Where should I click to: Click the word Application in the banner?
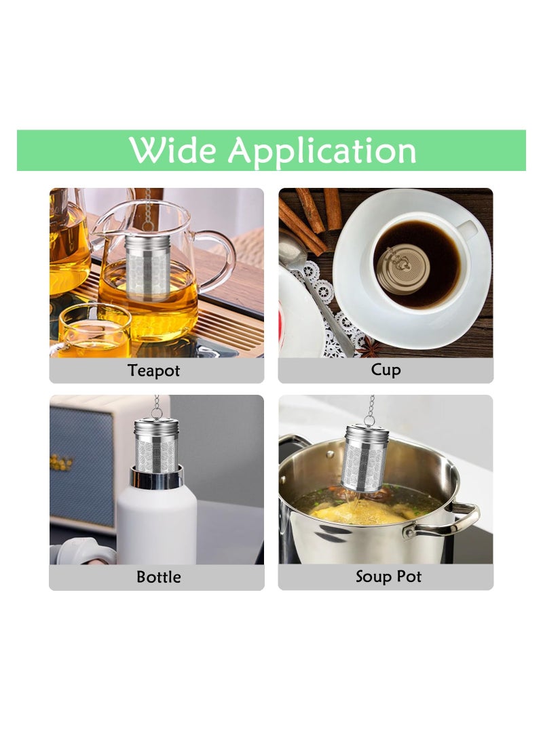(x=322, y=151)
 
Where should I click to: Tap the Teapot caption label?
(x=155, y=371)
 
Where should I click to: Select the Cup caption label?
(x=386, y=370)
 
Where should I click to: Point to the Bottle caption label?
(x=159, y=577)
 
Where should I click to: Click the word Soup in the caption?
(x=373, y=577)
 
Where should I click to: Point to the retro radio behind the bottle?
(x=81, y=461)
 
